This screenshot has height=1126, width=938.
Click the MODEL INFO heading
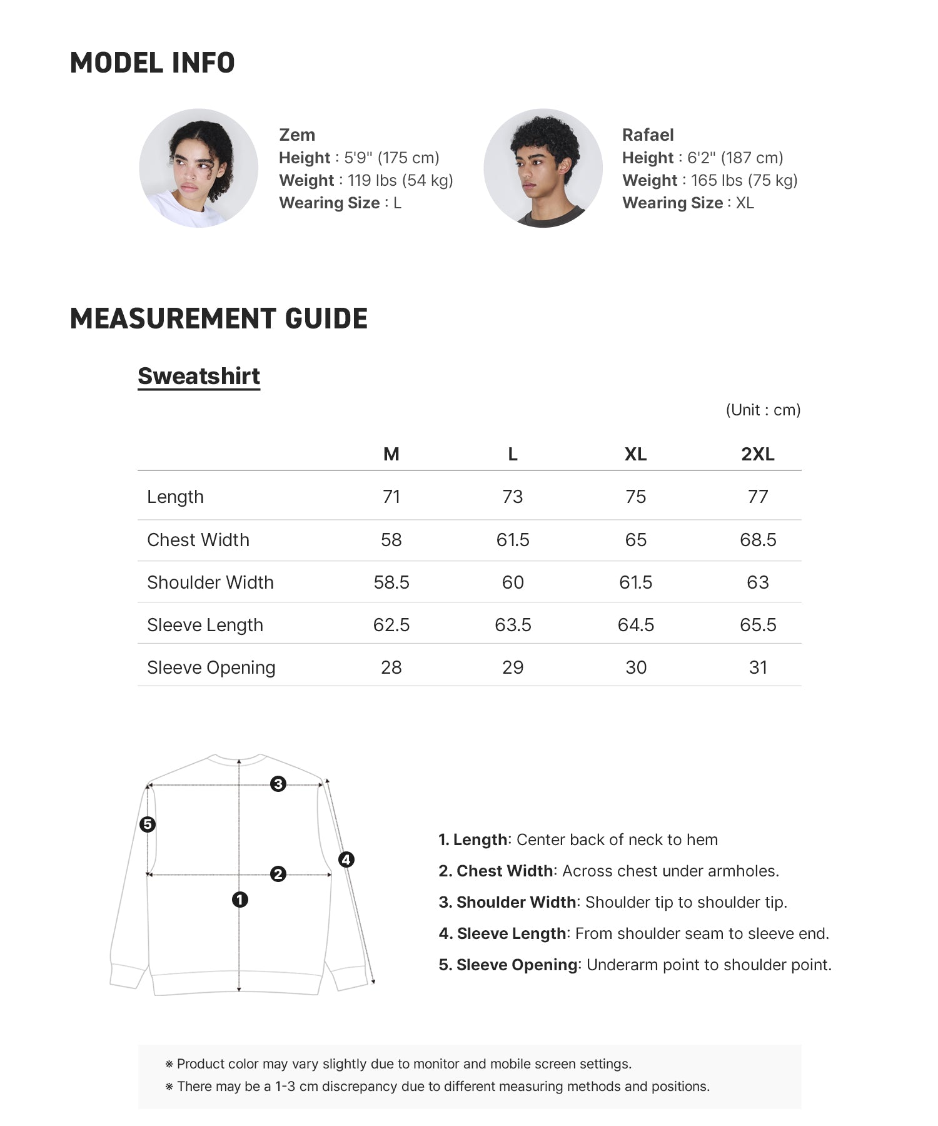[x=152, y=63]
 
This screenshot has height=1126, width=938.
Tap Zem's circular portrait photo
[x=198, y=168]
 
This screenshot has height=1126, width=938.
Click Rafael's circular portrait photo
[x=543, y=168]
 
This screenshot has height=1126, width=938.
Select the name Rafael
[x=648, y=135]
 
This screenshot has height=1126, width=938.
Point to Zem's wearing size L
[x=397, y=203]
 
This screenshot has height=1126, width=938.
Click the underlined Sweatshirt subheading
[x=199, y=376]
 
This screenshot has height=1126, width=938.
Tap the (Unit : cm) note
[x=763, y=410]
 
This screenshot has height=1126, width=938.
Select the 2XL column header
[x=757, y=454]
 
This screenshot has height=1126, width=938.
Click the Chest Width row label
[x=198, y=540]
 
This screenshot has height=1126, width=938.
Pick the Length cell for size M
[x=391, y=497]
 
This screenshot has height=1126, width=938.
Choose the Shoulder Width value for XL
[x=635, y=582]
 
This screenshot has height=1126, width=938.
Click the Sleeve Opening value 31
[x=757, y=667]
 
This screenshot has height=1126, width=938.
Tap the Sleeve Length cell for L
[x=513, y=625]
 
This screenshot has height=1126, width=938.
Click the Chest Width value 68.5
[x=757, y=540]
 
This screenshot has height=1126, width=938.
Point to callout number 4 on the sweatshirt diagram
[x=346, y=860]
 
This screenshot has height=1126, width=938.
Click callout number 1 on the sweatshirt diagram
[x=240, y=900]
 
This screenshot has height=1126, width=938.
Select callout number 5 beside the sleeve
[x=148, y=824]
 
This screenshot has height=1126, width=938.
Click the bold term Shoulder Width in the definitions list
[x=516, y=902]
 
